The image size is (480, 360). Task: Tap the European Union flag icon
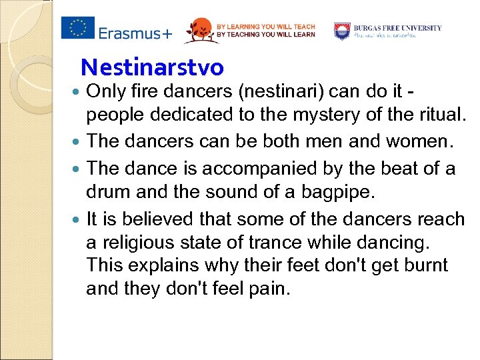pyautogui.click(x=78, y=27)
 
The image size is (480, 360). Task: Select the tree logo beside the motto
pyautogui.click(x=198, y=30)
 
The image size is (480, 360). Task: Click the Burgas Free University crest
pyautogui.click(x=342, y=31)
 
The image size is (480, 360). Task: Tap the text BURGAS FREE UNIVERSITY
pyautogui.click(x=397, y=28)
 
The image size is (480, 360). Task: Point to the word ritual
pyautogui.click(x=437, y=115)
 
